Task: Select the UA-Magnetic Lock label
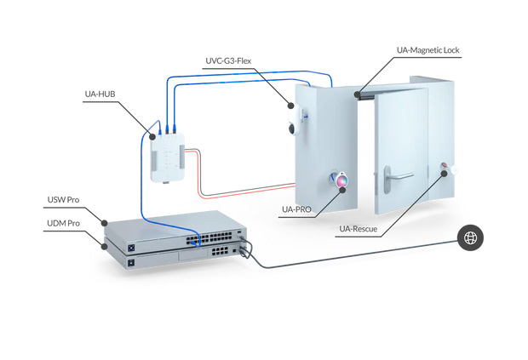point(428,50)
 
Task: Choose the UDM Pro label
point(63,223)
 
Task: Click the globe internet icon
point(469,238)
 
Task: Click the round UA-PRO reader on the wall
point(340,180)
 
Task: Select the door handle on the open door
point(398,175)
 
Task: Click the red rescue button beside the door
point(444,168)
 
